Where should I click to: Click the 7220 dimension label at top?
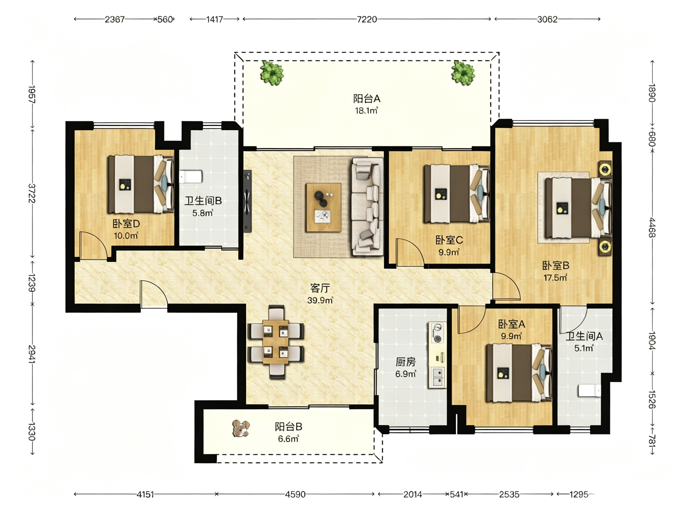click(x=367, y=20)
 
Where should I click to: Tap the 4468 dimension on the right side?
click(x=652, y=227)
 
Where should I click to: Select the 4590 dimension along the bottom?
click(x=295, y=494)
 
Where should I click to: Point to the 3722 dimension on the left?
click(x=32, y=193)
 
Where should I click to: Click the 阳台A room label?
click(x=366, y=99)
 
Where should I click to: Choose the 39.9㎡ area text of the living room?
click(x=320, y=300)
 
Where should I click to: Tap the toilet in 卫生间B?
click(x=191, y=177)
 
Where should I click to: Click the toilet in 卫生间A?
click(x=589, y=390)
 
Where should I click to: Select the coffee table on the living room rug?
click(x=323, y=207)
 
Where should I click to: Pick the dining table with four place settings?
click(x=276, y=342)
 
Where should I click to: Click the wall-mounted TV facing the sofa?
click(x=247, y=201)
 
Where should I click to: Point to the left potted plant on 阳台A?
click(x=272, y=73)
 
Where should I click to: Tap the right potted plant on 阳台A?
click(x=463, y=73)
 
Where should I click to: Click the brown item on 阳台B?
click(x=241, y=429)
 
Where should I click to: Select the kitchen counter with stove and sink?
click(x=437, y=355)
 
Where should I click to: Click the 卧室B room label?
click(x=556, y=266)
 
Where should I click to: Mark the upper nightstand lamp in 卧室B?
click(x=605, y=170)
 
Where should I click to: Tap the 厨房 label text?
click(x=405, y=362)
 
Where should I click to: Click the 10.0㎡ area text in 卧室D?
click(x=126, y=236)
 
